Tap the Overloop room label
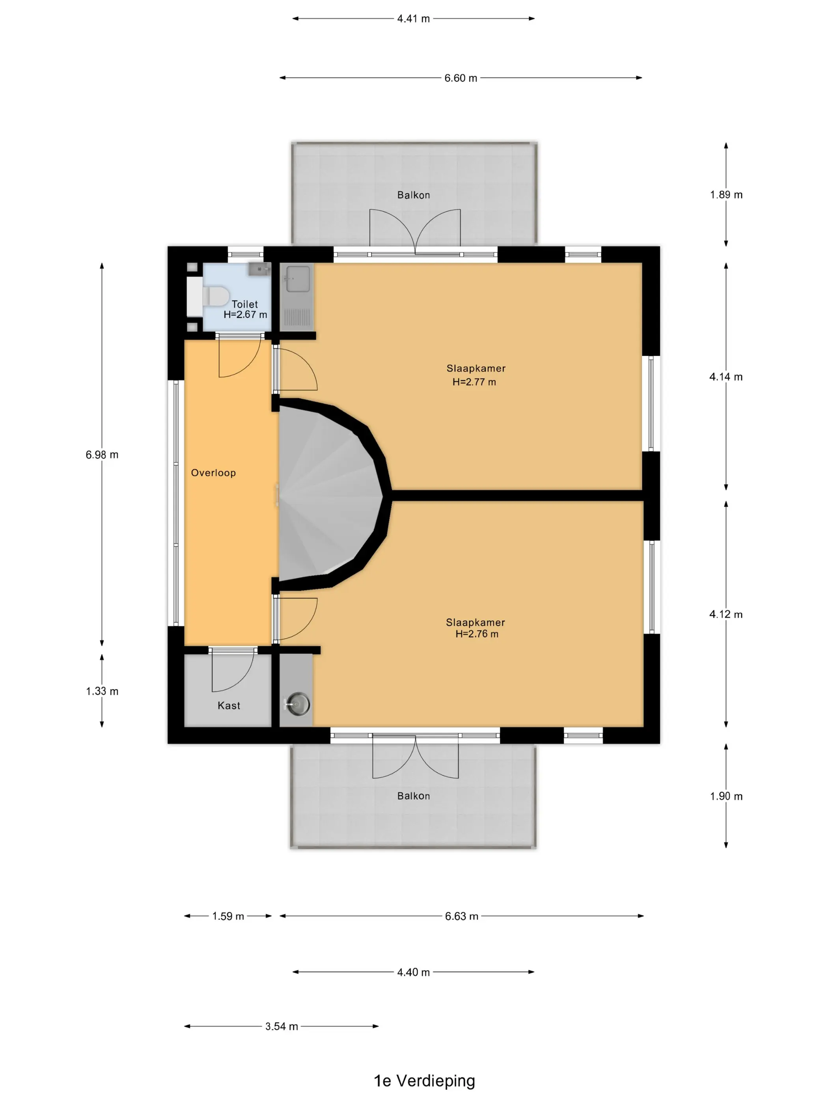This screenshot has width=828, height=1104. pos(213,473)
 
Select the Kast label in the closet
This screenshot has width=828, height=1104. pos(229,705)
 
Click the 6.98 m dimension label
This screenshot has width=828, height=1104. pos(102,455)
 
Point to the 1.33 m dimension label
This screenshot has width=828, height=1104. pos(102,691)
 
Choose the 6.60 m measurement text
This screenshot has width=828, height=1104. pos(461,78)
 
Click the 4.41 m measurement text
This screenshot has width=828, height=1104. pos(413,19)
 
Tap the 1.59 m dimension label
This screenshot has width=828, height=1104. pos(228,916)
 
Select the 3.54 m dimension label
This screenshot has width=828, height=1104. pos(282,1026)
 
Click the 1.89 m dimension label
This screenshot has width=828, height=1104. pos(726,195)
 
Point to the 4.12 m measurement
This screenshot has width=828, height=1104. pos(726,614)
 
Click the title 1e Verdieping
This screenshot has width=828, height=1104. pos(424,1081)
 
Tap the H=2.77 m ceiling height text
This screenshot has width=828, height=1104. pos(474,382)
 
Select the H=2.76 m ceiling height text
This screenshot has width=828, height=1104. pos(477,634)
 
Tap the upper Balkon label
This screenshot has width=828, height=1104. pos(413,195)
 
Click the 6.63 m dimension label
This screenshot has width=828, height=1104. pos(462,916)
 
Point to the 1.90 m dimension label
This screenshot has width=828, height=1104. pos(726,796)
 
